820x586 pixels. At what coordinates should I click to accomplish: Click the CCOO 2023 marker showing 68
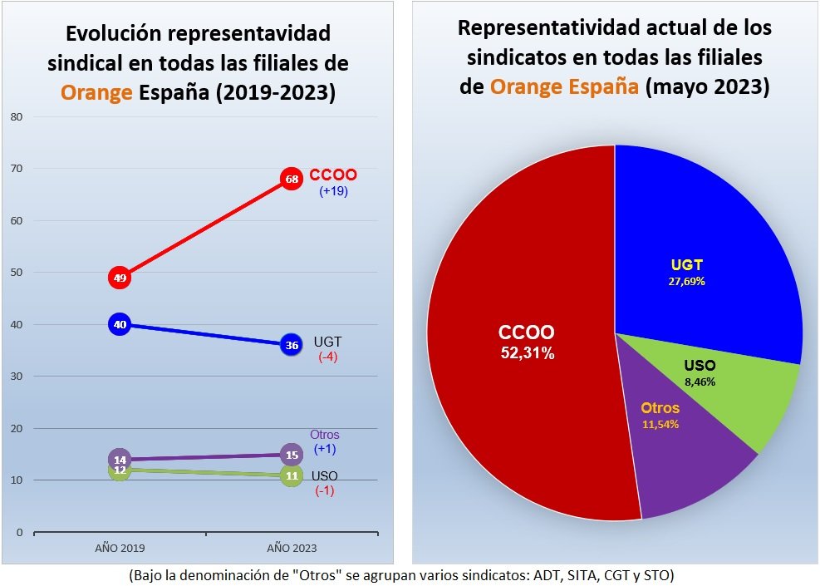coord(290,179)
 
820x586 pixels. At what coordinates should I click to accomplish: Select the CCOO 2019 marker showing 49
coord(120,278)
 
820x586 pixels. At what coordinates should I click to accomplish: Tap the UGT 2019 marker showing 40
coord(120,324)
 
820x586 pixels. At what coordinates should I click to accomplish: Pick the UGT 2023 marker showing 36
coord(290,345)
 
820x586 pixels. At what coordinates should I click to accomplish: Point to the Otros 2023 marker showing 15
coord(291,455)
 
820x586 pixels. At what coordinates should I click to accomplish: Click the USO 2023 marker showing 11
coord(291,476)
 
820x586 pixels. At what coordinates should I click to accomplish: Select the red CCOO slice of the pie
coord(515,374)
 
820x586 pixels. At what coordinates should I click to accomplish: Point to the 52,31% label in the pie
coord(527,352)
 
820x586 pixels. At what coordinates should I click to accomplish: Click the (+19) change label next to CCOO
coord(333,191)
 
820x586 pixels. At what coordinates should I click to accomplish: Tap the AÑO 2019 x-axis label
coord(120,548)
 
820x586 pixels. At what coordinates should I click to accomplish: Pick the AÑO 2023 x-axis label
coord(291,548)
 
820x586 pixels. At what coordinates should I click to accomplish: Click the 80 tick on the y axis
coord(16,117)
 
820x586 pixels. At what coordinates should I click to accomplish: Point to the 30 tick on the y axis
coord(16,377)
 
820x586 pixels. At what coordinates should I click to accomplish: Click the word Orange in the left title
coord(98,91)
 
